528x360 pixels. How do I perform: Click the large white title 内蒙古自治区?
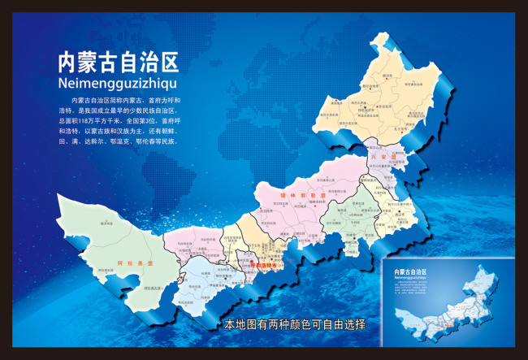click(x=118, y=63)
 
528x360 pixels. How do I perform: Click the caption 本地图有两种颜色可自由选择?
click(x=295, y=324)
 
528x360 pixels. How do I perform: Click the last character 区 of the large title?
click(x=170, y=63)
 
